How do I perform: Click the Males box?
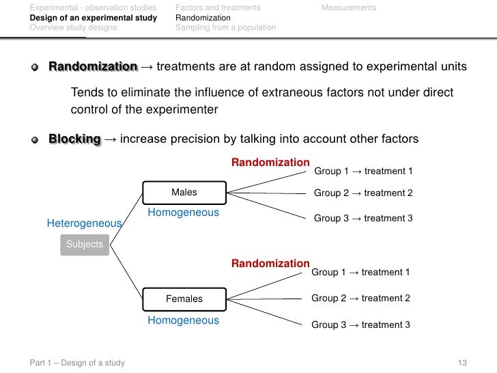click(184, 193)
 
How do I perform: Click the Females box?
click(184, 299)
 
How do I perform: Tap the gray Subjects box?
click(85, 245)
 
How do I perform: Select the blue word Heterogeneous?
click(85, 223)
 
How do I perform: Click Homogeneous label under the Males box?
click(183, 212)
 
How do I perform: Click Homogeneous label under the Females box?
click(183, 320)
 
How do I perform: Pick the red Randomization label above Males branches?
click(270, 163)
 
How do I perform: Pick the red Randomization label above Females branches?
click(270, 264)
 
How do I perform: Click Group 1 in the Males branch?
click(331, 171)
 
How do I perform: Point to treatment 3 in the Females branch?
click(386, 324)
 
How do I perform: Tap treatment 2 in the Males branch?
click(388, 193)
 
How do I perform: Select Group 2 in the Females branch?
click(328, 299)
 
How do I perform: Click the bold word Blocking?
click(75, 139)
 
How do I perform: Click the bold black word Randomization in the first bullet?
click(93, 67)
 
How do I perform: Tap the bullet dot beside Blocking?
click(35, 140)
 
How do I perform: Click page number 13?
click(462, 363)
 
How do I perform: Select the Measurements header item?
click(349, 8)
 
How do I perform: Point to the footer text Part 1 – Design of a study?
click(77, 363)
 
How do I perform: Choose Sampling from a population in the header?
click(226, 27)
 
